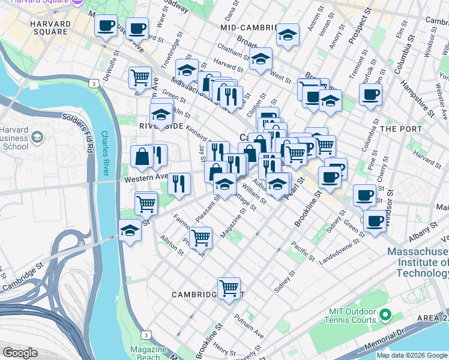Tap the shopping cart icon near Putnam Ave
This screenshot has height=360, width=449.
point(229,289)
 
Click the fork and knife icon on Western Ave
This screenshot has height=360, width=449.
point(178,182)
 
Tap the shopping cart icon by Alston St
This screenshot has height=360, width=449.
point(200,238)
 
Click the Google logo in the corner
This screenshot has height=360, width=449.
point(20,353)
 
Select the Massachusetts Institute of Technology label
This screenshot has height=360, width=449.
point(418,262)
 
